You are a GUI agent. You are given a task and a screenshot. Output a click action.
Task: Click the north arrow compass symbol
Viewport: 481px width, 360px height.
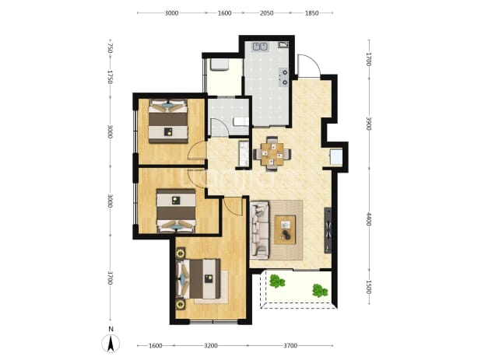click(111, 343)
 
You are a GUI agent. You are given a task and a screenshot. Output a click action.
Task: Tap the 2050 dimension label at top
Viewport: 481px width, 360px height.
click(267, 13)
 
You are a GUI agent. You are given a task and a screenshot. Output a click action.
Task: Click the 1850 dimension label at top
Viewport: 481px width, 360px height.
click(311, 13)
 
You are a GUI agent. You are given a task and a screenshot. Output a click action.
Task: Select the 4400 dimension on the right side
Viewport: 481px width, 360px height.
click(369, 219)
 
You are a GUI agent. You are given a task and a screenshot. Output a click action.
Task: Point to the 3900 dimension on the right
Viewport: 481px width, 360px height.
click(369, 124)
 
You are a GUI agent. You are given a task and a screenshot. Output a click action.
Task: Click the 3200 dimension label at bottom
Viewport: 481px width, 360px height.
click(211, 346)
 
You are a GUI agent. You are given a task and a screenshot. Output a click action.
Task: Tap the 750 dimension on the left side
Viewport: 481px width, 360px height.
click(111, 48)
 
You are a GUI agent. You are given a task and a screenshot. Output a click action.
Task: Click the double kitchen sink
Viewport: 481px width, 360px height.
click(260, 47)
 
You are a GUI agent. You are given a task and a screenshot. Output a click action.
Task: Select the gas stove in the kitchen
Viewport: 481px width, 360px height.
click(284, 77)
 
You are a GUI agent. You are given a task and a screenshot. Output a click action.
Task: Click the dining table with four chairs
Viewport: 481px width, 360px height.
click(272, 153)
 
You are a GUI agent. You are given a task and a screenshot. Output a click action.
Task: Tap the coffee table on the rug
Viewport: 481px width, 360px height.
click(285, 230)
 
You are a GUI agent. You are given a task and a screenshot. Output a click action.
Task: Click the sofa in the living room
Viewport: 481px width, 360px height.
click(259, 230)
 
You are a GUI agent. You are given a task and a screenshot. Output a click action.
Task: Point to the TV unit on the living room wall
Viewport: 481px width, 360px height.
click(328, 230)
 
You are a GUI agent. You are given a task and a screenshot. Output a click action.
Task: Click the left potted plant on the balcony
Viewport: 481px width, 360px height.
click(277, 281)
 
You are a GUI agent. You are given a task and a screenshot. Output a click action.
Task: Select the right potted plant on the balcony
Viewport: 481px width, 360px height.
click(320, 291)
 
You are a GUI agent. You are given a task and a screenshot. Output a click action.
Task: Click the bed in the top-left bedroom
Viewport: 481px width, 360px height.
click(168, 121)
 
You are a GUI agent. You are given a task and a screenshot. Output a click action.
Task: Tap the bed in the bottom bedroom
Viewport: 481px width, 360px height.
click(198, 278)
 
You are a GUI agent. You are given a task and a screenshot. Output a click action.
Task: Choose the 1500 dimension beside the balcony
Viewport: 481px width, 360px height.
click(369, 288)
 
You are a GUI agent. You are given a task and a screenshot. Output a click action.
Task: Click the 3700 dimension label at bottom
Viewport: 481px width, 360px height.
click(290, 346)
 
